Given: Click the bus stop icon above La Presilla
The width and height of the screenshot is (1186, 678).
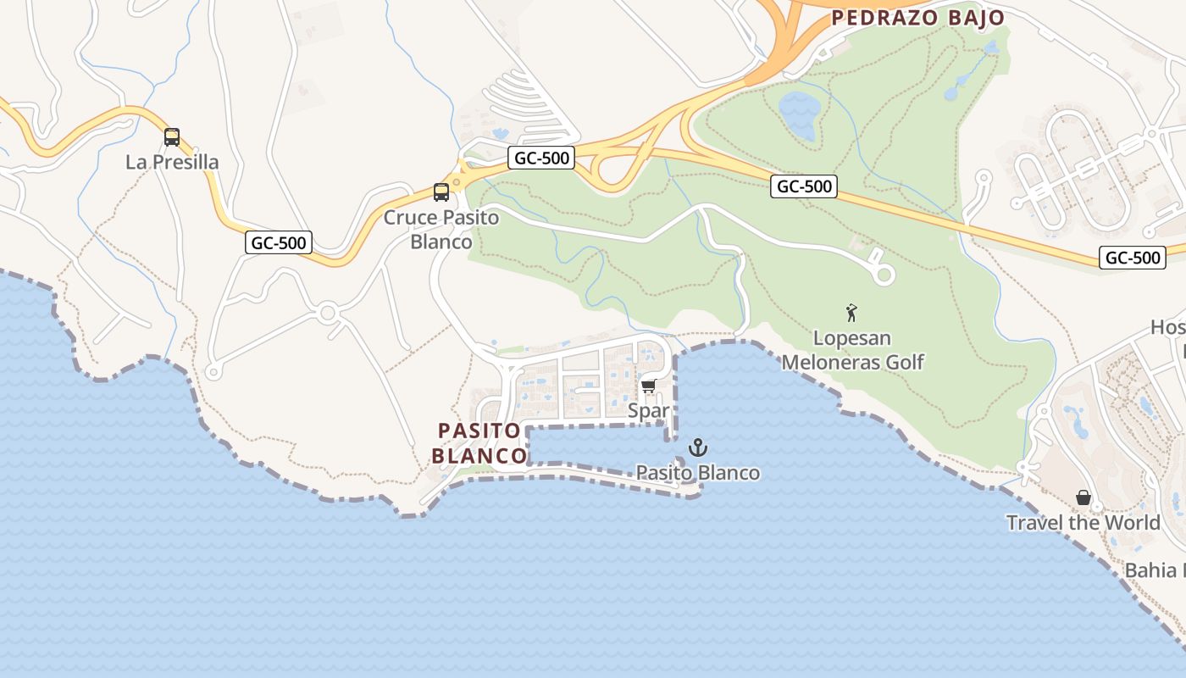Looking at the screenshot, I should click(172, 136).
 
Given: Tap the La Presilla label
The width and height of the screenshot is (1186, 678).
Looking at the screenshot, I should click(172, 162).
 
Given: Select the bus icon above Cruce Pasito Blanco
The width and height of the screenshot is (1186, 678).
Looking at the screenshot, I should click(441, 192).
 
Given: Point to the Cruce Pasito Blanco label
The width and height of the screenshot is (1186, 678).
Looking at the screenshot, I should click(441, 230).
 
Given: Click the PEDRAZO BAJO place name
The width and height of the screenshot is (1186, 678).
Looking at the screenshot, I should click(917, 18).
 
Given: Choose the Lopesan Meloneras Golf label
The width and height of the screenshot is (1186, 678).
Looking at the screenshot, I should click(852, 350).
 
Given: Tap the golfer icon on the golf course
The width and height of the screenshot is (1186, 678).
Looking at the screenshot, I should click(852, 313).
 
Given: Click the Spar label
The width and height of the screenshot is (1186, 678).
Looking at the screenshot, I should click(649, 411).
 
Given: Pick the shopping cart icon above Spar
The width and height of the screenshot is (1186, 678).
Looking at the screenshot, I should click(649, 386).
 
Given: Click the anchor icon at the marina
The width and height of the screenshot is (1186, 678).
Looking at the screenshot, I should click(698, 447).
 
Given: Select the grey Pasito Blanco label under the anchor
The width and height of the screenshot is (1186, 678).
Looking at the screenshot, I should click(698, 472).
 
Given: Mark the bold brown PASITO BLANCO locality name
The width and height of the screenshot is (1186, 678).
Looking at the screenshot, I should click(479, 443).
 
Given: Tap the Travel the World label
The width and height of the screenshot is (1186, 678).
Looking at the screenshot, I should click(1083, 522).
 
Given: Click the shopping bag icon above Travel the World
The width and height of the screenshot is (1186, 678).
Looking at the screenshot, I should click(1083, 497).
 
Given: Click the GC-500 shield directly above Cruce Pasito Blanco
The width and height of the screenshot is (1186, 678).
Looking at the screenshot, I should click(541, 157).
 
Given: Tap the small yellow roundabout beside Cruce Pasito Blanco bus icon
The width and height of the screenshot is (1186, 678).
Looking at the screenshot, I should click(457, 181).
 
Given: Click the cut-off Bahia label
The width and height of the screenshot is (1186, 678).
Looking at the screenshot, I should click(1154, 570).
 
